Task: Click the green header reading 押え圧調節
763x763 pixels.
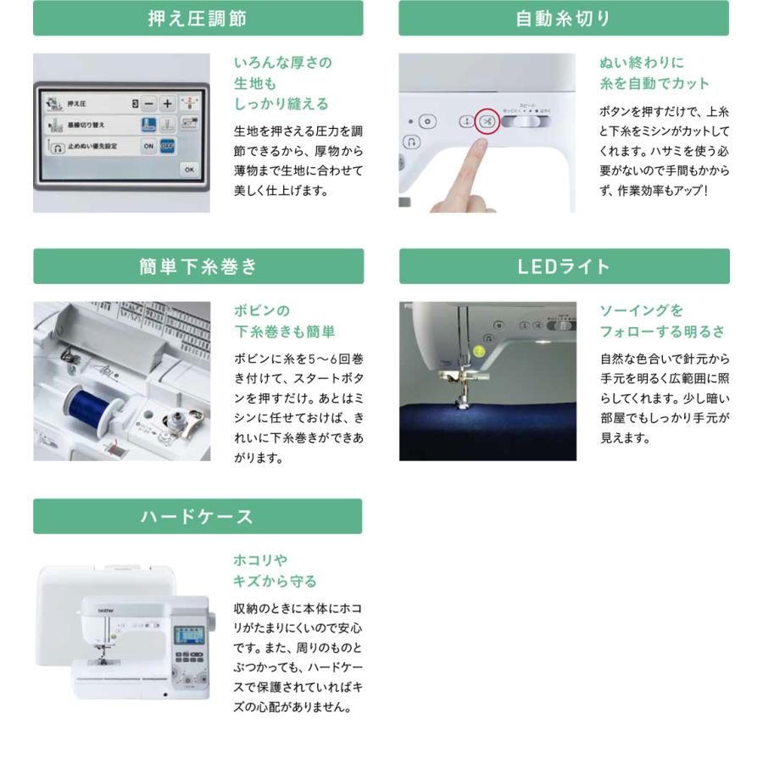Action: click(198, 18)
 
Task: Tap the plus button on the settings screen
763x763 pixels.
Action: click(167, 103)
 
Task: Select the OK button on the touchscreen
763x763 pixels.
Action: click(188, 170)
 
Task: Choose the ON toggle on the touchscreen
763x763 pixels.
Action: click(148, 146)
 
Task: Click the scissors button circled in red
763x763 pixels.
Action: click(487, 122)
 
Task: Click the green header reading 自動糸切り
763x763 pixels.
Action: click(564, 18)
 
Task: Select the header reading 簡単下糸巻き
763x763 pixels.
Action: click(198, 266)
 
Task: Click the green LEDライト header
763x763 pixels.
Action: click(564, 266)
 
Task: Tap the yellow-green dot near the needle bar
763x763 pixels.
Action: click(479, 349)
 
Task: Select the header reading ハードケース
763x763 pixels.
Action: click(198, 516)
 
